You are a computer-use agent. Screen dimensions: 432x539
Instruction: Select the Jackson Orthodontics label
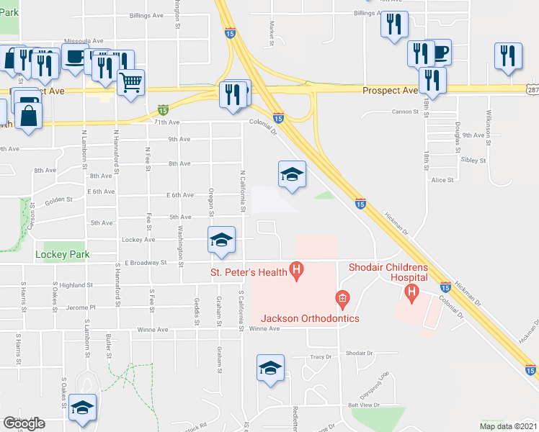point(300,318)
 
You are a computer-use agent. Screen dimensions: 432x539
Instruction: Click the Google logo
point(24,423)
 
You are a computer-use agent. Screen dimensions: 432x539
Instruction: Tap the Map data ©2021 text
point(508,426)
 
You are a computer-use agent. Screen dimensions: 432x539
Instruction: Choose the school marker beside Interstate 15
point(293,175)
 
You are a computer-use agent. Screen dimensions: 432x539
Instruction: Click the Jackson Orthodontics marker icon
point(342,297)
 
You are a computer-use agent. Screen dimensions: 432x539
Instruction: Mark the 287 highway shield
point(532,89)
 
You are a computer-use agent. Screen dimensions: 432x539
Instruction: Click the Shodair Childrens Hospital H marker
point(411,292)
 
